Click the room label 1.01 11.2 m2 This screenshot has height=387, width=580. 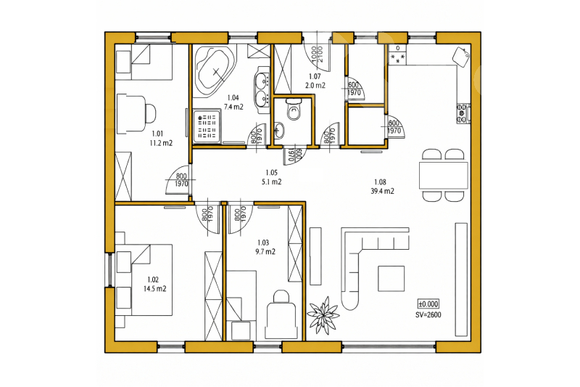point(161,138)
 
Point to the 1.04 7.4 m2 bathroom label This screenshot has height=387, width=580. point(233,102)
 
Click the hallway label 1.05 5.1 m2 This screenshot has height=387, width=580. point(271,177)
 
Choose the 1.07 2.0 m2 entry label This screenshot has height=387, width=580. point(315,81)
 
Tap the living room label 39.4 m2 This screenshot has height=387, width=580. point(382,191)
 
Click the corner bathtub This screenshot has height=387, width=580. point(215,70)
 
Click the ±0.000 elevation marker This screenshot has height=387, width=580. point(428,304)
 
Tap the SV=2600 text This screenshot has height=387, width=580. point(428,315)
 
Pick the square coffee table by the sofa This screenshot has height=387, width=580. point(391,278)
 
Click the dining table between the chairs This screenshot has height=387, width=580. point(444,175)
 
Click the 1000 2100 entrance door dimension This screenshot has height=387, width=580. point(317,54)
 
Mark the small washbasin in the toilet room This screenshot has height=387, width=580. point(280,131)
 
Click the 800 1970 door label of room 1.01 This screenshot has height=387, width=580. point(181,180)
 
